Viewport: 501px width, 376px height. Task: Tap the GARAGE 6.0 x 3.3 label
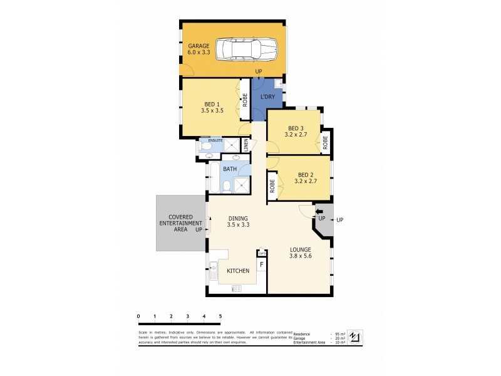[x=199, y=50]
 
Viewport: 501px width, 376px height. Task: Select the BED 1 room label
[x=212, y=107]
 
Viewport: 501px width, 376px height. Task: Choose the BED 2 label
[x=305, y=178]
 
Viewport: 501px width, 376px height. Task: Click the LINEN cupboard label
[x=246, y=145]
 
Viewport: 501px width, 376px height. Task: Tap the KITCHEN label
[x=238, y=271]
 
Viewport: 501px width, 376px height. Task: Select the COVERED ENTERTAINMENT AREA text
[x=180, y=223]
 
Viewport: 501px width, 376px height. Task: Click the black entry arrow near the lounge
[x=318, y=212]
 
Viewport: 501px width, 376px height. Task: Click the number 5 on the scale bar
[x=220, y=316]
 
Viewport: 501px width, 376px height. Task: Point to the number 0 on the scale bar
[x=138, y=316]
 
